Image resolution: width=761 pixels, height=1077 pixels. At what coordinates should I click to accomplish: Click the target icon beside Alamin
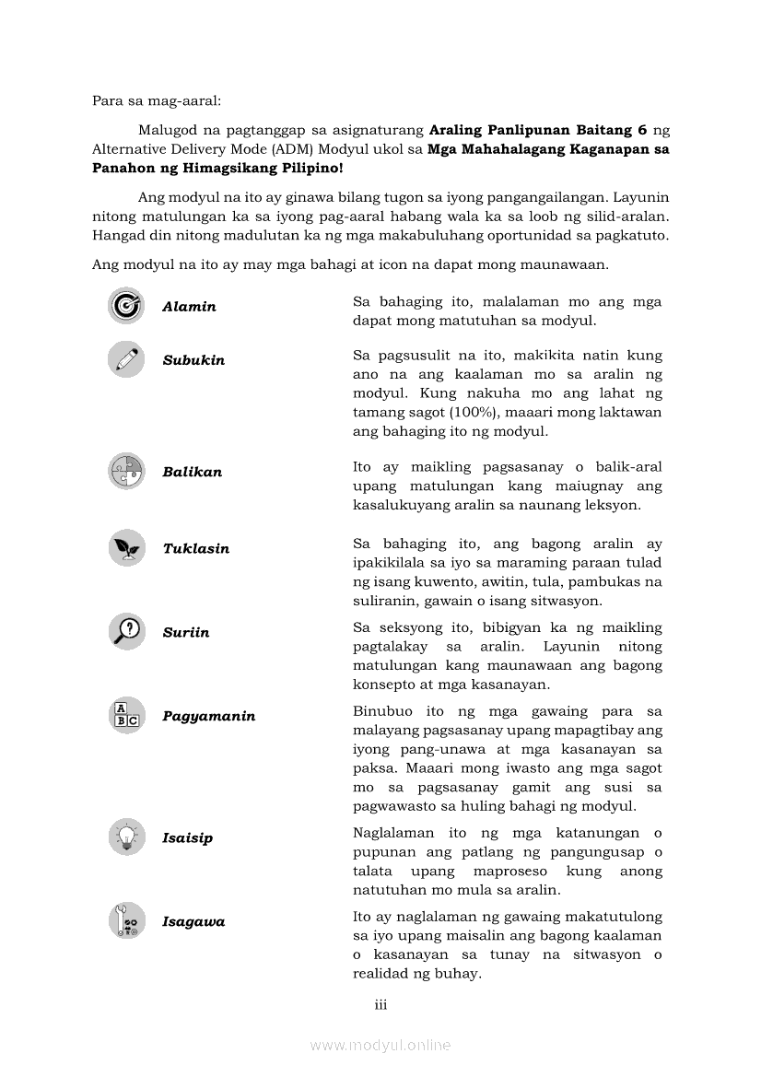click(x=126, y=306)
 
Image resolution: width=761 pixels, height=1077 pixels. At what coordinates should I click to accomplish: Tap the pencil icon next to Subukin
click(x=126, y=359)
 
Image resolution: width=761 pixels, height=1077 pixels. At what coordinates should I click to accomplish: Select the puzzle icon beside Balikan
click(x=126, y=472)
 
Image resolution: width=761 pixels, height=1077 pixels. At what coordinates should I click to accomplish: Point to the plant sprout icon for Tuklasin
click(x=126, y=548)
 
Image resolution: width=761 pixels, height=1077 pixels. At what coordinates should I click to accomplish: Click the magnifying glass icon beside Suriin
click(x=126, y=632)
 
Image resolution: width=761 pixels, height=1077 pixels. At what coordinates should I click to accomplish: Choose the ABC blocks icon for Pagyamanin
click(x=126, y=716)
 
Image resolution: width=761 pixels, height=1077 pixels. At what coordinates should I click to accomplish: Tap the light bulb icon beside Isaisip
click(x=126, y=837)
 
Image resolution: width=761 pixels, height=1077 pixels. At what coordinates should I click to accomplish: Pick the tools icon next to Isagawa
click(x=126, y=921)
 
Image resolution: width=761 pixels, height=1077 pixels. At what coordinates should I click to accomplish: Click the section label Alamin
click(x=189, y=307)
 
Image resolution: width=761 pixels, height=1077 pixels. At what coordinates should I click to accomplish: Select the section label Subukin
click(x=193, y=360)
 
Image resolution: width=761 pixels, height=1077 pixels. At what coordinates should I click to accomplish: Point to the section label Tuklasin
click(x=196, y=548)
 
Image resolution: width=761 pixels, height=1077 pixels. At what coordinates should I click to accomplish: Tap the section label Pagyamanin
click(x=209, y=716)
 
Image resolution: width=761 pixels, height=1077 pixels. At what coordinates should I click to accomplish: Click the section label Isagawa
click(x=193, y=921)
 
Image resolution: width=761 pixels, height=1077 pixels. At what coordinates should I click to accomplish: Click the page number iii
click(x=380, y=1004)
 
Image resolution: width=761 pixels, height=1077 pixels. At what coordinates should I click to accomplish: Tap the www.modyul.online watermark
click(x=380, y=1045)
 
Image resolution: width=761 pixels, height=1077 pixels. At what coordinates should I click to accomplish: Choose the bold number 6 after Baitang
click(x=641, y=129)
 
